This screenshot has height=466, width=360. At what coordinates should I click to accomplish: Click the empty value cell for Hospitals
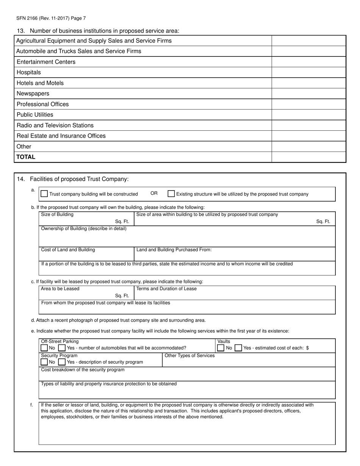(309, 72)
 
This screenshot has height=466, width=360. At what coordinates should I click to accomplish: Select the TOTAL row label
(26, 157)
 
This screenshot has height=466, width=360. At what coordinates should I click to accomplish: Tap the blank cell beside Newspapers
(309, 94)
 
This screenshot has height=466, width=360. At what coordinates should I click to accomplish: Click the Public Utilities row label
(35, 115)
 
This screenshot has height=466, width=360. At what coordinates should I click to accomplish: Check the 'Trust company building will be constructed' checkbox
(44, 194)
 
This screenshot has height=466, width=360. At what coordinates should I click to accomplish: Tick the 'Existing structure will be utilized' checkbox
(171, 194)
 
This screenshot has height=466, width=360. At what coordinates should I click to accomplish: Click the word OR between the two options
(154, 194)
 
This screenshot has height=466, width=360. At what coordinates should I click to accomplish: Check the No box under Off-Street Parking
(44, 348)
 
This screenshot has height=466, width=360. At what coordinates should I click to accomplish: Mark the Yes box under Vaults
(238, 348)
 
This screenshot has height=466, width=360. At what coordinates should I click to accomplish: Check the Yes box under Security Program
(62, 362)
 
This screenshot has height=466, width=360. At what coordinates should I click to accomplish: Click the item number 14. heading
(21, 179)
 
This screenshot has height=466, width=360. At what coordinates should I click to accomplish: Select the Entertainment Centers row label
(46, 62)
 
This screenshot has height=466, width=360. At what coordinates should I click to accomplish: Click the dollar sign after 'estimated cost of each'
(307, 348)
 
